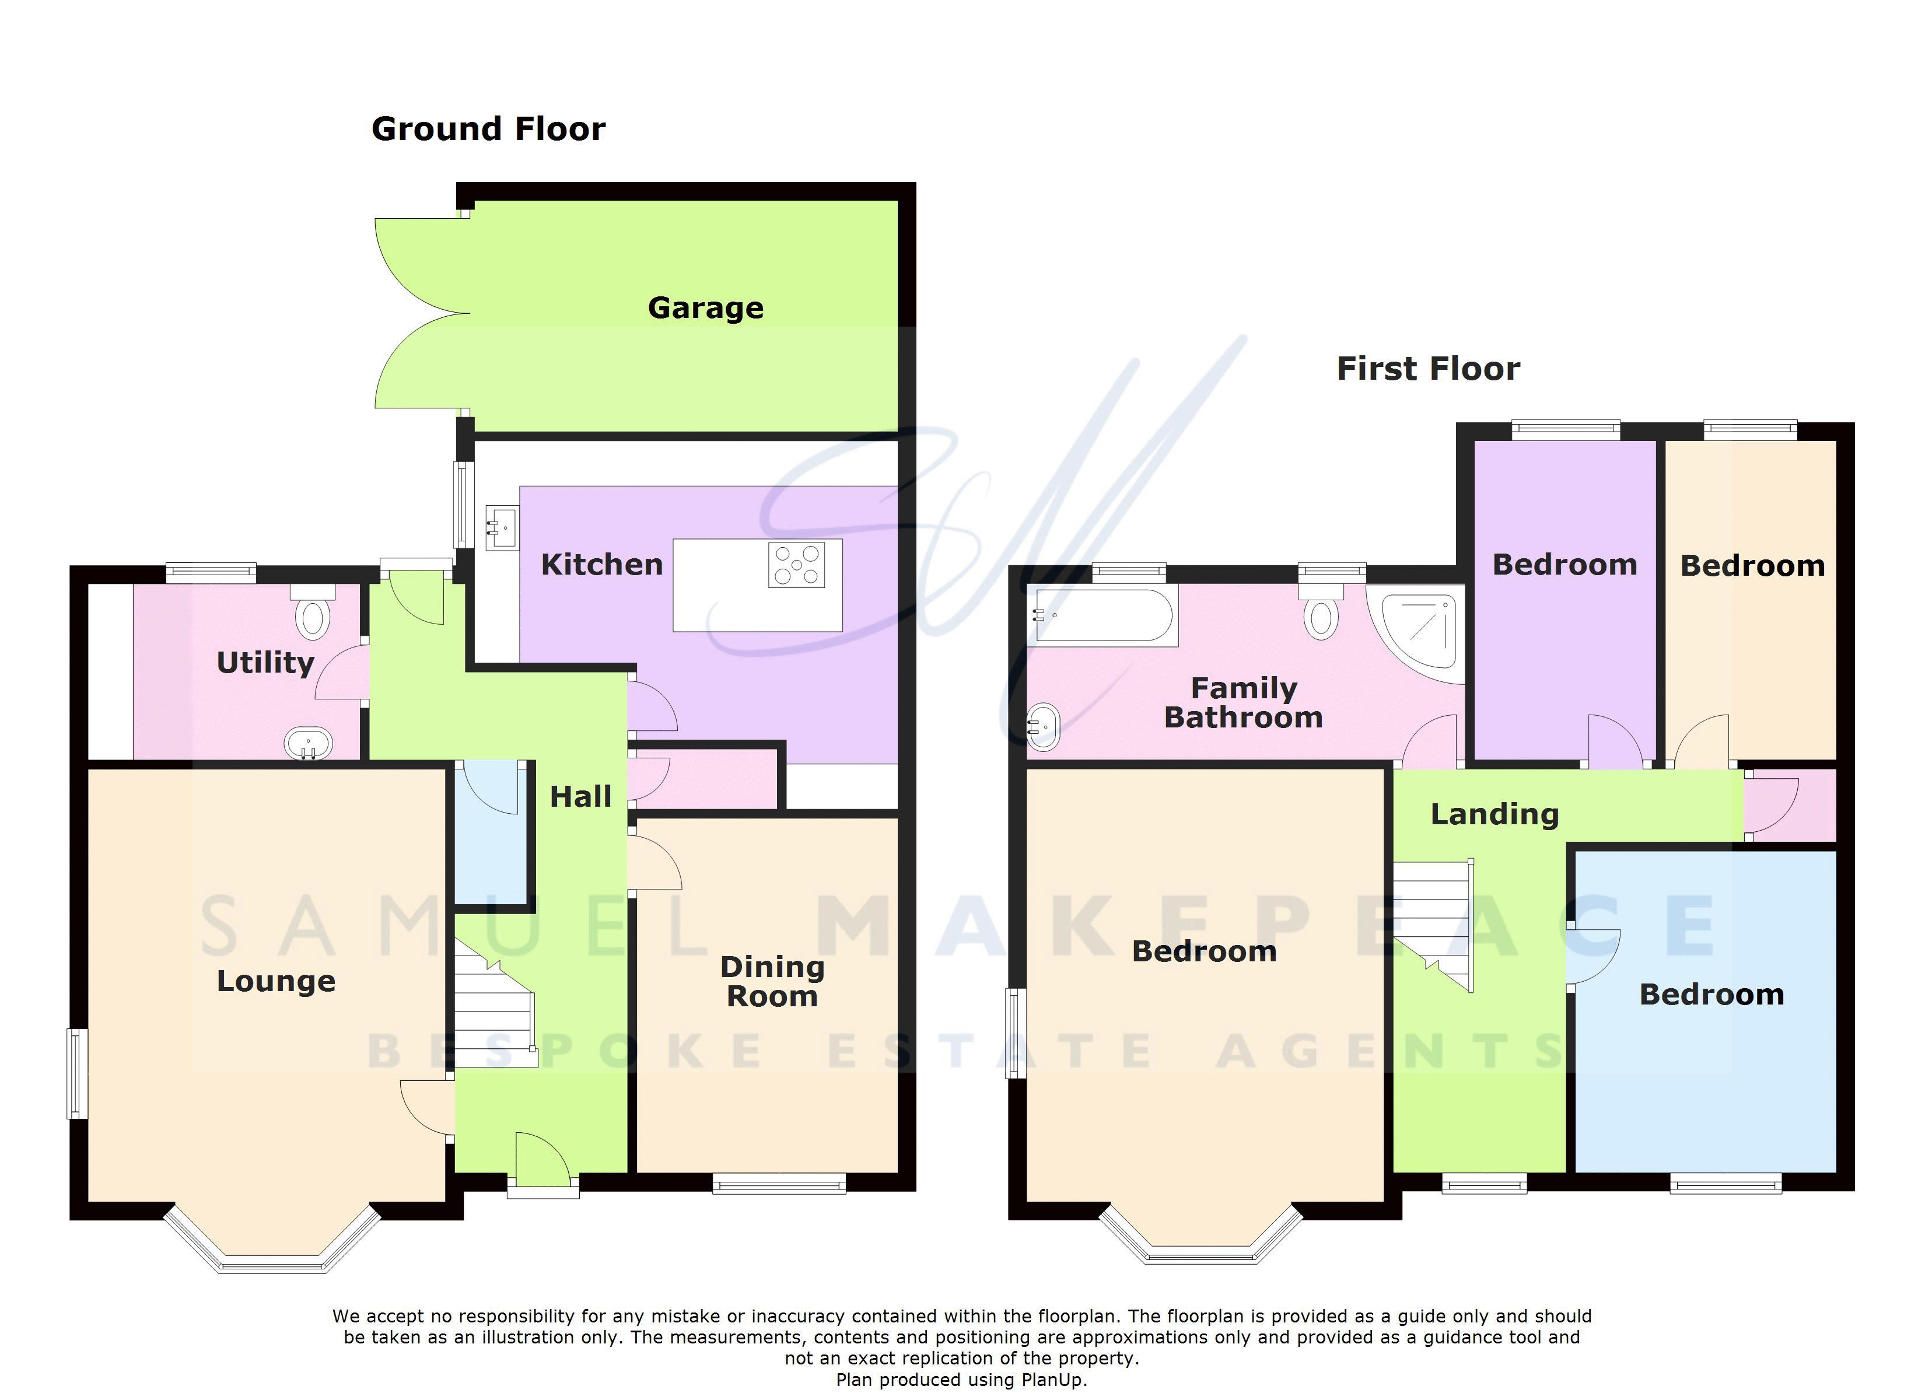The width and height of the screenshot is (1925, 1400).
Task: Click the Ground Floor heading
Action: pos(488,129)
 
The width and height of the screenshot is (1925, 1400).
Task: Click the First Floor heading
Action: pos(1427,369)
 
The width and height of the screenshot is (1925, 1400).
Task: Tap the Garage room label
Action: pos(705,307)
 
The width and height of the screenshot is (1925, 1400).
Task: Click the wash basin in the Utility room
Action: pos(308,744)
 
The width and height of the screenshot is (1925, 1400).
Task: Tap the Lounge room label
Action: pos(276,981)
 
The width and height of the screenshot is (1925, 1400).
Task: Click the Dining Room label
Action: pos(772,981)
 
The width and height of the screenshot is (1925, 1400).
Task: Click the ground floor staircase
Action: pos(495,1010)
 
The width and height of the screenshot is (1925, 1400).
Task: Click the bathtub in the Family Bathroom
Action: pos(1104,615)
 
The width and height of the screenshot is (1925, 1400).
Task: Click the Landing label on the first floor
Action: pos(1494,814)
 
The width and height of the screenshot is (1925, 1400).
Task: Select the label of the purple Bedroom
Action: pos(1564,565)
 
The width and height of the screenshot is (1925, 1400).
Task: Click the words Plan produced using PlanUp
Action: pos(961,1380)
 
